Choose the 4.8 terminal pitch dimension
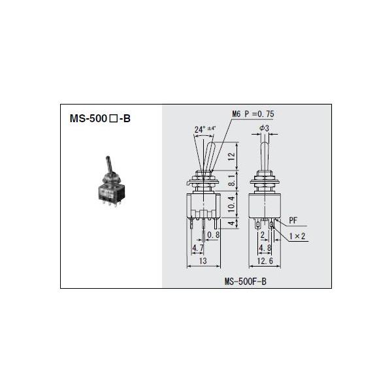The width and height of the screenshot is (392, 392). click(264, 248)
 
